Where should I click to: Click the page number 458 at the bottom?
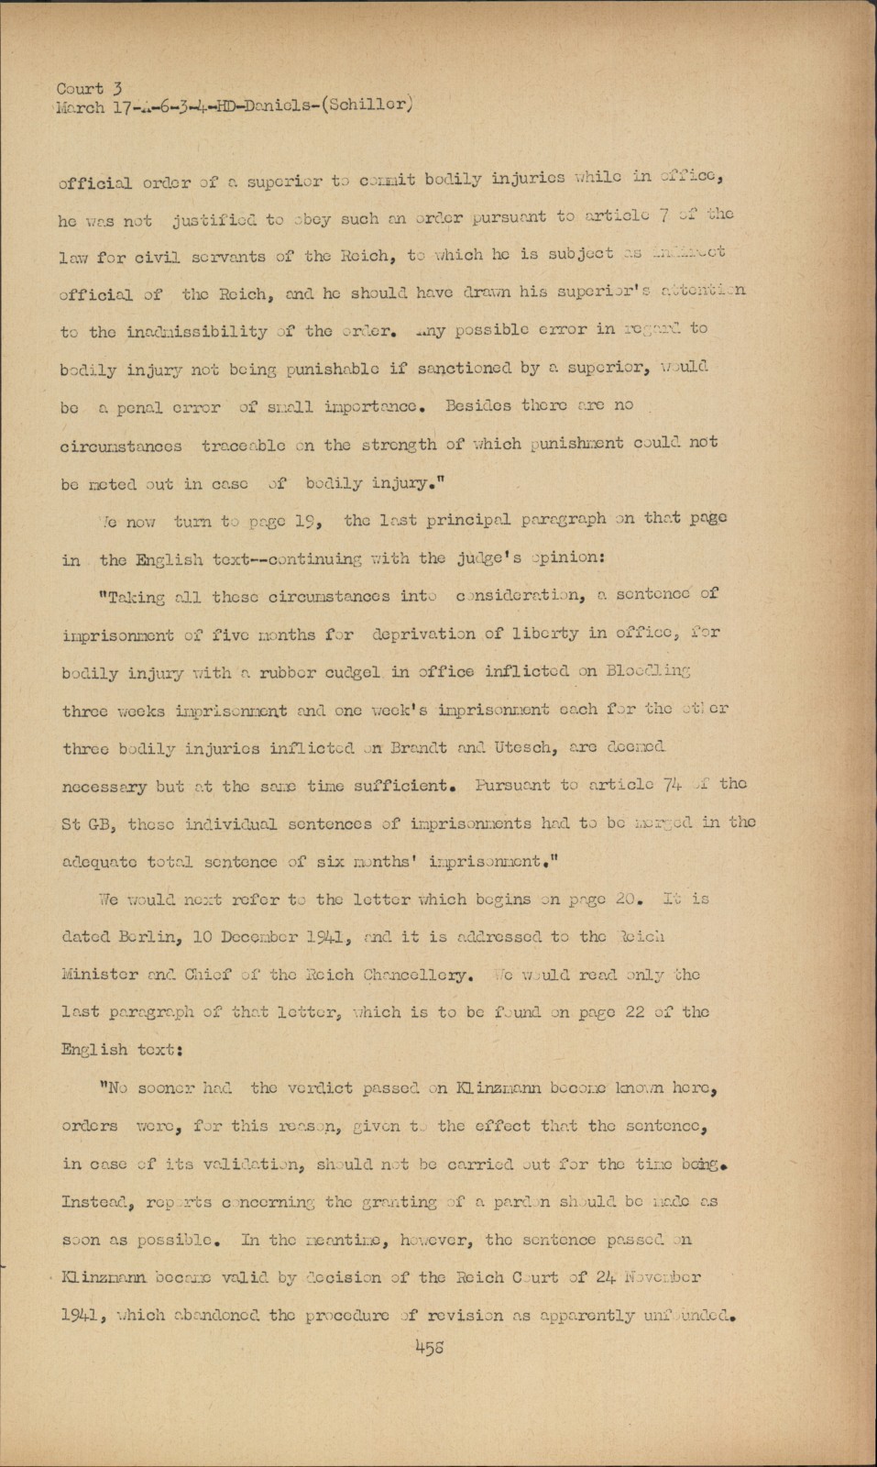[430, 1347]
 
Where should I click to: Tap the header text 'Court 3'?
[89, 88]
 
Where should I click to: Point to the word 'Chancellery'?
[418, 975]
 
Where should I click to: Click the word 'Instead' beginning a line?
[93, 1202]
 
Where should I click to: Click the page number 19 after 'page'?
[307, 519]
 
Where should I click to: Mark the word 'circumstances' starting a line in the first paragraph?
[120, 445]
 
